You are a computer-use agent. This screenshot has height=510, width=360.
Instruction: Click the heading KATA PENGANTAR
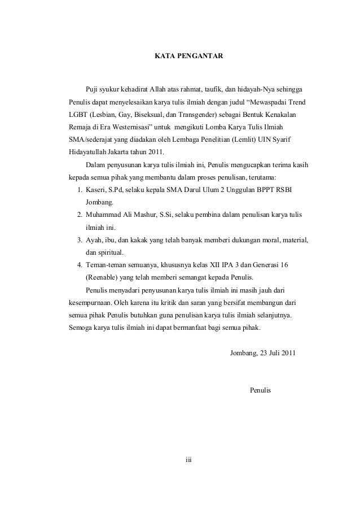(x=189, y=57)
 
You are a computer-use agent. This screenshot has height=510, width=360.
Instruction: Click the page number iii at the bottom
(x=189, y=459)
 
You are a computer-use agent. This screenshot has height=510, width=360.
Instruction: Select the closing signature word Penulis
(x=260, y=390)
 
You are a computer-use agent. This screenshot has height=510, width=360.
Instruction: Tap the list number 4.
(x=81, y=264)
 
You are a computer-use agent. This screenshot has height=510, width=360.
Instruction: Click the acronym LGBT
(x=74, y=115)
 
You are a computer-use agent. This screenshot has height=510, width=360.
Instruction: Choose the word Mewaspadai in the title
(x=265, y=102)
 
